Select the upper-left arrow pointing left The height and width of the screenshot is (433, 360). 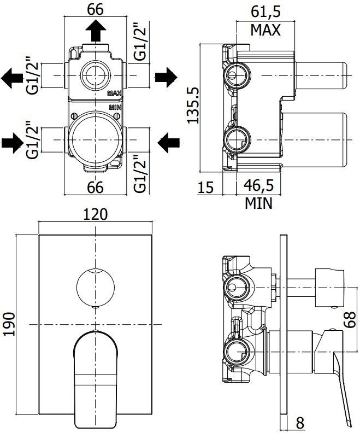[12, 77]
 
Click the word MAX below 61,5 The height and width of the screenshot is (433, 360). [265, 30]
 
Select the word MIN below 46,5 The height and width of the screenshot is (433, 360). [258, 204]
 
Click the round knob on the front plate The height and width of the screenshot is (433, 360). [96, 289]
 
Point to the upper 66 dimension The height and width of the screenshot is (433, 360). [96, 9]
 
